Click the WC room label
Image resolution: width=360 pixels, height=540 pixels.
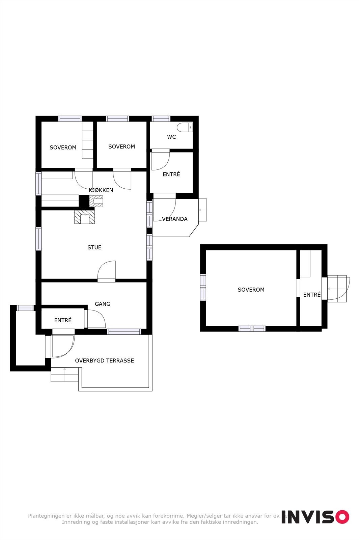171,137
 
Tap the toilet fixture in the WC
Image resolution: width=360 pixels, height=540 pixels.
185,128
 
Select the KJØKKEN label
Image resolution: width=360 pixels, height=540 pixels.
101,190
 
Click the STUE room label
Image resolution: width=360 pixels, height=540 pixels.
94,247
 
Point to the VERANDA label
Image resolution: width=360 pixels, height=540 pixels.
175,219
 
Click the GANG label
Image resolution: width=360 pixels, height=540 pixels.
103,304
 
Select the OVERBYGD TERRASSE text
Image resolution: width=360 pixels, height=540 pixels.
104,361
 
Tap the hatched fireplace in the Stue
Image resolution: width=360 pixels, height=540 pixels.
84,217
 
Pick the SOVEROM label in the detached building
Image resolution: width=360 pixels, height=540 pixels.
251,290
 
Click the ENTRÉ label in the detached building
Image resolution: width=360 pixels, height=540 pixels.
312,295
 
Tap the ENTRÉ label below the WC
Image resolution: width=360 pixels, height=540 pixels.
171,174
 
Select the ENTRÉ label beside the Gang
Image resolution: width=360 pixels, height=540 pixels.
63,320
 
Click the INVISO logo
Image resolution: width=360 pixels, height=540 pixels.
315,517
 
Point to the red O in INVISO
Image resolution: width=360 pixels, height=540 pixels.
342,517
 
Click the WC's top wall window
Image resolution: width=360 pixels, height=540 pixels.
161,118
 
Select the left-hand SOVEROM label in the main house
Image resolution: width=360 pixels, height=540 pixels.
63,147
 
